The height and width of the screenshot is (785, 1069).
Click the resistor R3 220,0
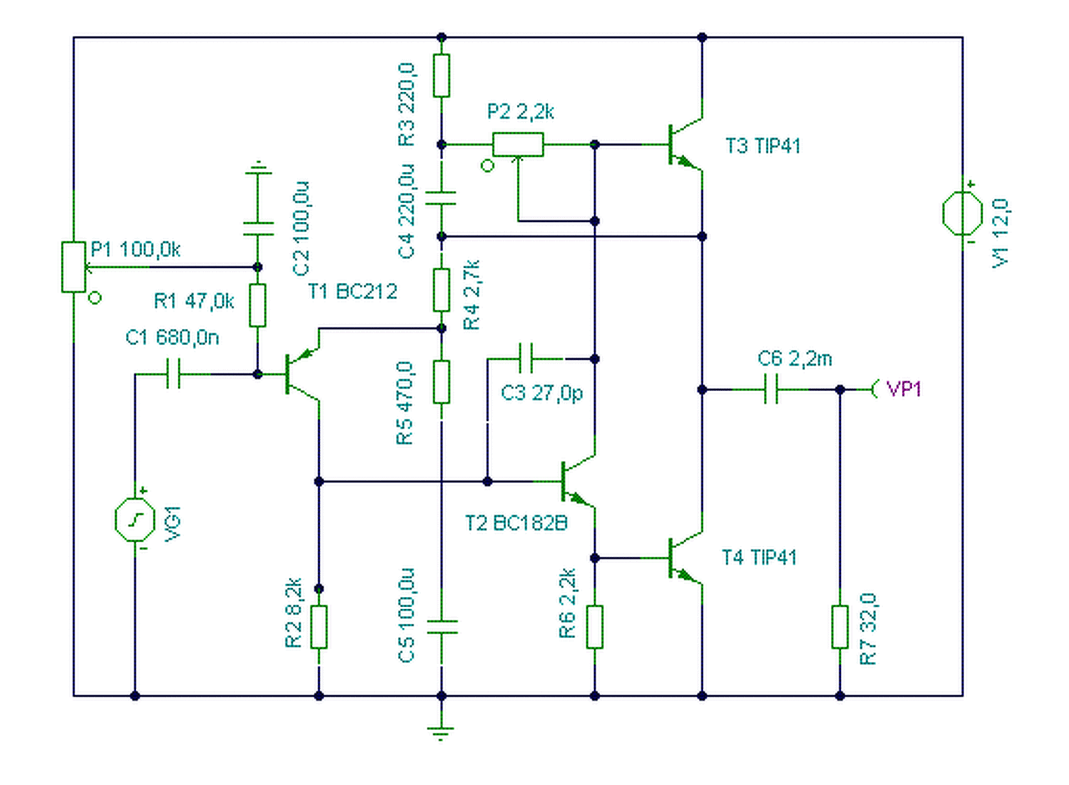click(x=442, y=75)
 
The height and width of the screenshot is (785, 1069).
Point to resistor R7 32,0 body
click(x=840, y=626)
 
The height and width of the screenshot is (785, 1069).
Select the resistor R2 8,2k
click(x=318, y=627)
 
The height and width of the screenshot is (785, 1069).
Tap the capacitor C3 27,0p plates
click(x=526, y=359)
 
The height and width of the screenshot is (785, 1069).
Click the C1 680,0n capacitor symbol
click(x=174, y=374)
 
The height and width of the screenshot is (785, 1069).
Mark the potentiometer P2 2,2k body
click(x=518, y=145)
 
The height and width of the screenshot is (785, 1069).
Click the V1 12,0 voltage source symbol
click(x=962, y=213)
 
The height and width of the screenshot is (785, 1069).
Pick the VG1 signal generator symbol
click(x=134, y=519)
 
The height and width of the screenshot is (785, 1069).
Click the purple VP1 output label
click(x=903, y=389)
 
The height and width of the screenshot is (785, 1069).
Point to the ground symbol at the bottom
click(x=441, y=731)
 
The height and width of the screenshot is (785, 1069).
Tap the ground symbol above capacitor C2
click(x=258, y=170)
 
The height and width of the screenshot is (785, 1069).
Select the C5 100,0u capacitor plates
click(x=442, y=626)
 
